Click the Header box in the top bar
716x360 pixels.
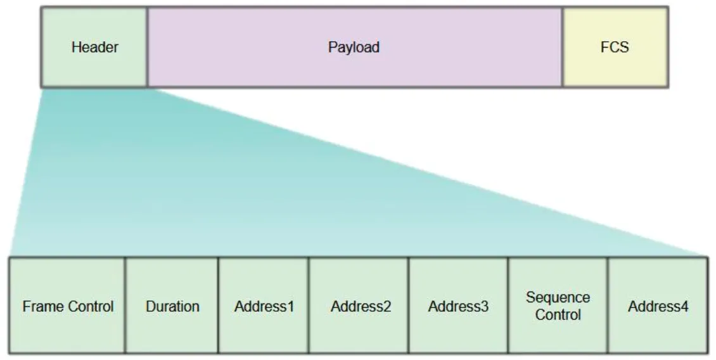(94, 63)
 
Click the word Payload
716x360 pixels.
(354, 47)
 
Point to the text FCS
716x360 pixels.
(615, 47)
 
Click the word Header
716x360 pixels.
(94, 47)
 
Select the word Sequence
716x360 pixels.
(558, 298)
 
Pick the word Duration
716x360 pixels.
(172, 307)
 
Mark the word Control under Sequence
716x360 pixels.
(558, 315)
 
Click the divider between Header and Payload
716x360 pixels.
(147, 47)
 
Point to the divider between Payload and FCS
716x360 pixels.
(563, 47)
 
